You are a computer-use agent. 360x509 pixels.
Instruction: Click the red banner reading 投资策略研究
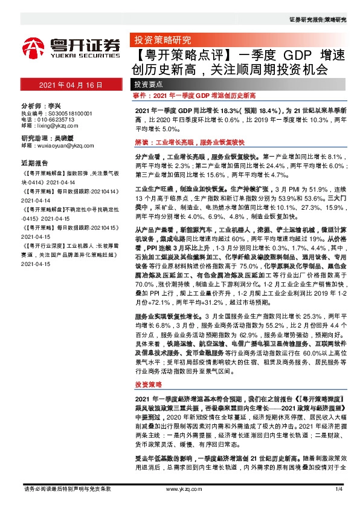coord(159,41)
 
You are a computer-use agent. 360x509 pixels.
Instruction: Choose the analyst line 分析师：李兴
coord(40,105)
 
